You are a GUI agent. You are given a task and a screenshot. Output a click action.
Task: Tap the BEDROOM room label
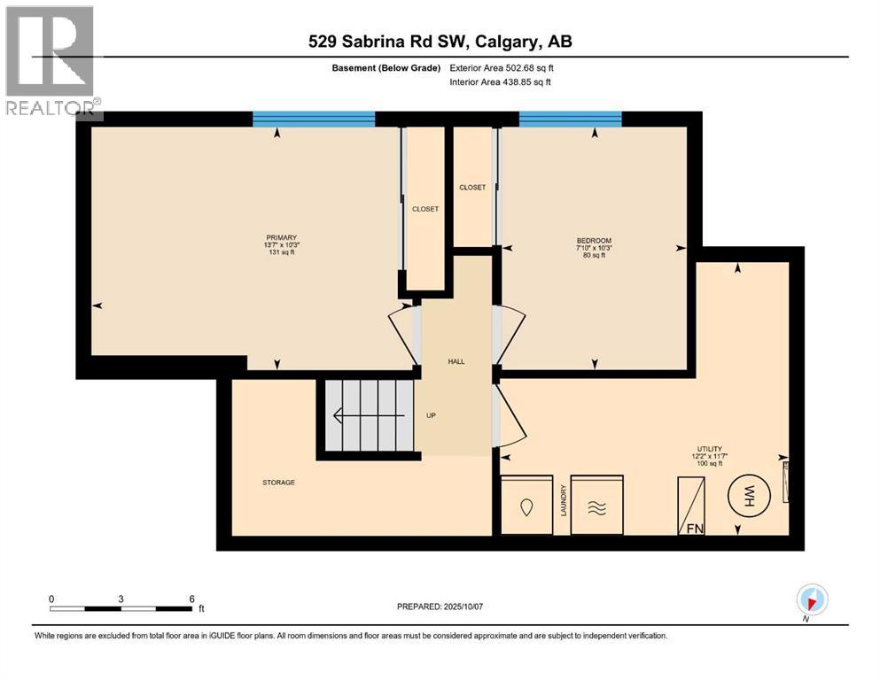(594, 241)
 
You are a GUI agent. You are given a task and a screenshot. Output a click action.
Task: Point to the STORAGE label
(278, 483)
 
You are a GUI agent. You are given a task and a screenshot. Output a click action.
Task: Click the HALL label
(456, 361)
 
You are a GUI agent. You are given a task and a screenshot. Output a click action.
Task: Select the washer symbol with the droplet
(527, 506)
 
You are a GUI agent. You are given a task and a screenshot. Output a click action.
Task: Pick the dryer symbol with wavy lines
(596, 506)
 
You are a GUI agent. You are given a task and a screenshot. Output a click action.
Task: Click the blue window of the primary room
(314, 120)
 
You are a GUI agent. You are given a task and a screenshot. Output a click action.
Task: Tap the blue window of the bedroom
(570, 120)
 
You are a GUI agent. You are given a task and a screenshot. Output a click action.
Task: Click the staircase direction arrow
(341, 415)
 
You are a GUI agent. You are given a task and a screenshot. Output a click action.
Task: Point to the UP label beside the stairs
(431, 415)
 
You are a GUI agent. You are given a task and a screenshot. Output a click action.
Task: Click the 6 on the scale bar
(191, 599)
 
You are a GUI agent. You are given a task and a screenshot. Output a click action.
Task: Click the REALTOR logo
(51, 62)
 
